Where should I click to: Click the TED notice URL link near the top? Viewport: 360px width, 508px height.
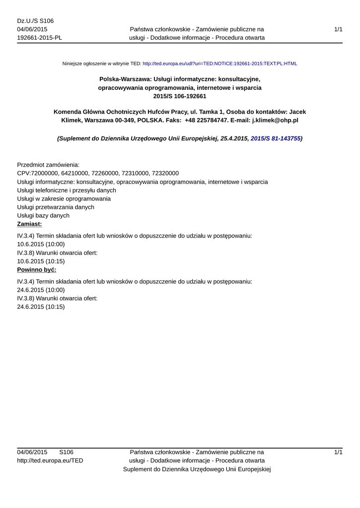pyautogui.click(x=219, y=64)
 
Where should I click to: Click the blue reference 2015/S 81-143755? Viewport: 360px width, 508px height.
pyautogui.click(x=276, y=139)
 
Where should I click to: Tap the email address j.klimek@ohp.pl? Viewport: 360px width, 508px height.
pyautogui.click(x=275, y=120)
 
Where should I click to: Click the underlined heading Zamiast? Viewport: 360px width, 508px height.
pyautogui.click(x=29, y=224)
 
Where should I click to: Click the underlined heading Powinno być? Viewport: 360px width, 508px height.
pyautogui.click(x=37, y=269)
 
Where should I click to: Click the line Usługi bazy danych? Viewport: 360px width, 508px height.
pyautogui.click(x=43, y=215)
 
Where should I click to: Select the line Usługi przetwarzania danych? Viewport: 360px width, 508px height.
pyautogui.click(x=56, y=207)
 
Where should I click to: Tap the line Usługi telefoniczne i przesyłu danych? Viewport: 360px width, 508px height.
pyautogui.click(x=67, y=190)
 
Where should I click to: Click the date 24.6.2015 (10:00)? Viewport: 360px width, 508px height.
pyautogui.click(x=41, y=290)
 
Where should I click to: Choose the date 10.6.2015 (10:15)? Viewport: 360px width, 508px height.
pyautogui.click(x=41, y=261)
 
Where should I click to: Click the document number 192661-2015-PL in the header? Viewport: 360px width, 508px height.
pyautogui.click(x=40, y=38)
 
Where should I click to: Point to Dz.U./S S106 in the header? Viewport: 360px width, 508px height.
pyautogui.click(x=35, y=21)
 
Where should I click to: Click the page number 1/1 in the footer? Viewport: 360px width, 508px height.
pyautogui.click(x=338, y=452)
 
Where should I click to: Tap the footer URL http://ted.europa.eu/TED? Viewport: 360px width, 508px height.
pyautogui.click(x=50, y=460)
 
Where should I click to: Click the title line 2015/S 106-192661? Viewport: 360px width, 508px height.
pyautogui.click(x=180, y=96)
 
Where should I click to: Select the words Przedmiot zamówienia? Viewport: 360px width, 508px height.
pyautogui.click(x=48, y=165)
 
